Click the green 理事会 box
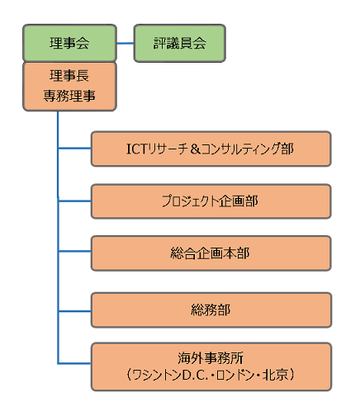pos(69,43)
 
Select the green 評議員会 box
pos(180,43)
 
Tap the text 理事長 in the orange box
pos(69,76)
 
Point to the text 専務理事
pos(69,96)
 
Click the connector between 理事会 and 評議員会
pos(126,43)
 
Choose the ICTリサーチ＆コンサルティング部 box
pos(211,149)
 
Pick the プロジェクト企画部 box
pos(211,201)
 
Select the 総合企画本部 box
pos(211,253)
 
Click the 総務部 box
pos(211,310)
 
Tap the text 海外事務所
pos(211,358)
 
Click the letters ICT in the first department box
pos(137,149)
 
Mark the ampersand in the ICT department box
pos(195,149)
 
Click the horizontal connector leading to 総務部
pos(74,311)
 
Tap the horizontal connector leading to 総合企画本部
pos(74,251)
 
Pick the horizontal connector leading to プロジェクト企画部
pos(74,201)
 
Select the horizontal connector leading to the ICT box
pos(74,149)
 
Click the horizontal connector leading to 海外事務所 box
pos(74,363)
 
